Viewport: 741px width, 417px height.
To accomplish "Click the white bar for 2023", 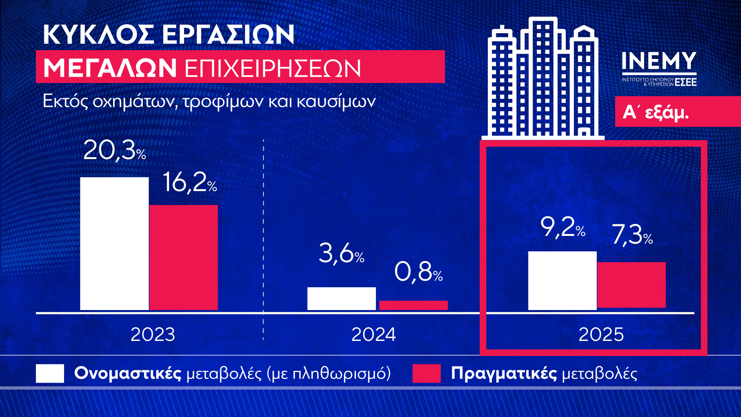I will pyautogui.click(x=114, y=243).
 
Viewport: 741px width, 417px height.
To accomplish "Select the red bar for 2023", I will pyautogui.click(x=184, y=257).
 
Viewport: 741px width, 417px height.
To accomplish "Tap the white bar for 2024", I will pyautogui.click(x=341, y=298).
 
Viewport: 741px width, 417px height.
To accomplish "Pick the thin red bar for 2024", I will pyautogui.click(x=413, y=305).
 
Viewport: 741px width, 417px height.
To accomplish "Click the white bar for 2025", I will pyautogui.click(x=562, y=280).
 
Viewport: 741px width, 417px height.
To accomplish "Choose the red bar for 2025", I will pyautogui.click(x=631, y=285).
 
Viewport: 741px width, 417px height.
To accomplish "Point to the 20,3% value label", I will pyautogui.click(x=114, y=150).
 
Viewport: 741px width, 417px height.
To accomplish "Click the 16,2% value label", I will pyautogui.click(x=189, y=182).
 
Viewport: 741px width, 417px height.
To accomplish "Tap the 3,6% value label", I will pyautogui.click(x=341, y=254).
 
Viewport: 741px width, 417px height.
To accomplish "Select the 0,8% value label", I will pyautogui.click(x=418, y=272).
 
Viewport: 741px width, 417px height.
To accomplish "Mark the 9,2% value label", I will pyautogui.click(x=563, y=227).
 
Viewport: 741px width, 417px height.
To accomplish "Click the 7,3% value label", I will pyautogui.click(x=632, y=235).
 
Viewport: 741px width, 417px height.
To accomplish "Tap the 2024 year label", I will pyautogui.click(x=374, y=334).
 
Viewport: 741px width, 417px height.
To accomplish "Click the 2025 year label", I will pyautogui.click(x=601, y=334).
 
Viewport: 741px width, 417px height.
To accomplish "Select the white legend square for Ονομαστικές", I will pyautogui.click(x=50, y=373).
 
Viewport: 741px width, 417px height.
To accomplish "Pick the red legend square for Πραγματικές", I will pyautogui.click(x=426, y=373).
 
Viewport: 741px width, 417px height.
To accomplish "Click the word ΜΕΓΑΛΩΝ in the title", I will pyautogui.click(x=110, y=68).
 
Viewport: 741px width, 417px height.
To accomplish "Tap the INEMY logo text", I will pyautogui.click(x=659, y=62).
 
